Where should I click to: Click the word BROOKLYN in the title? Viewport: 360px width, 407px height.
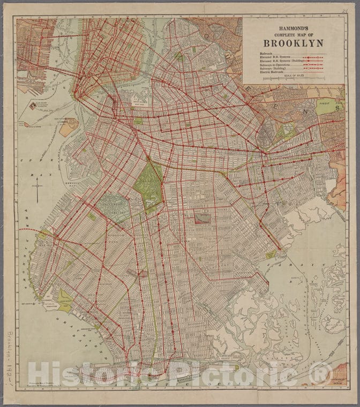(x=292, y=42)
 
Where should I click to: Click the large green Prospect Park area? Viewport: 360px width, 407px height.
(x=148, y=185)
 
